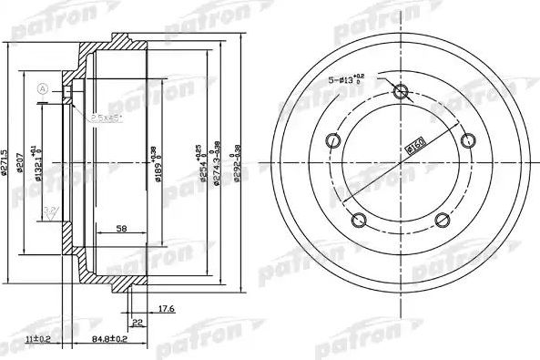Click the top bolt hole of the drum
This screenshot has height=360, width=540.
click(401, 91)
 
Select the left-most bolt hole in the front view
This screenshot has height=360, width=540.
click(332, 140)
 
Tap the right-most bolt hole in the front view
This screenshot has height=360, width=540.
click(469, 139)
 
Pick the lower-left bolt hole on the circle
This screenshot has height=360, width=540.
click(358, 220)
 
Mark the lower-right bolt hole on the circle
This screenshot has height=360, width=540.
click(443, 220)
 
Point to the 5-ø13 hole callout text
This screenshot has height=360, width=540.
click(346, 80)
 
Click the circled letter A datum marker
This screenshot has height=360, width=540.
click(42, 87)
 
